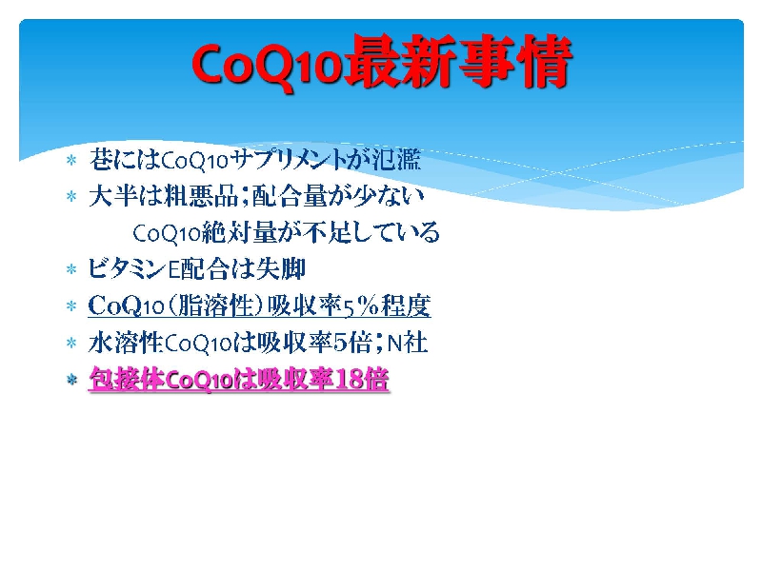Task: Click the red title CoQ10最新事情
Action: pos(382,62)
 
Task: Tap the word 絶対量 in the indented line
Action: pos(240,232)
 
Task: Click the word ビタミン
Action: pos(128,269)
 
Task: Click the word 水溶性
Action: pos(126,343)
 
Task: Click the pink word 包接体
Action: pos(128,379)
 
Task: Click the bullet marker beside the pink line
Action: pos(72,380)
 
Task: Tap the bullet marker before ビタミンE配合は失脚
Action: pos(72,269)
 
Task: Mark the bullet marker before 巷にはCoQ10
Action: pos(72,160)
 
